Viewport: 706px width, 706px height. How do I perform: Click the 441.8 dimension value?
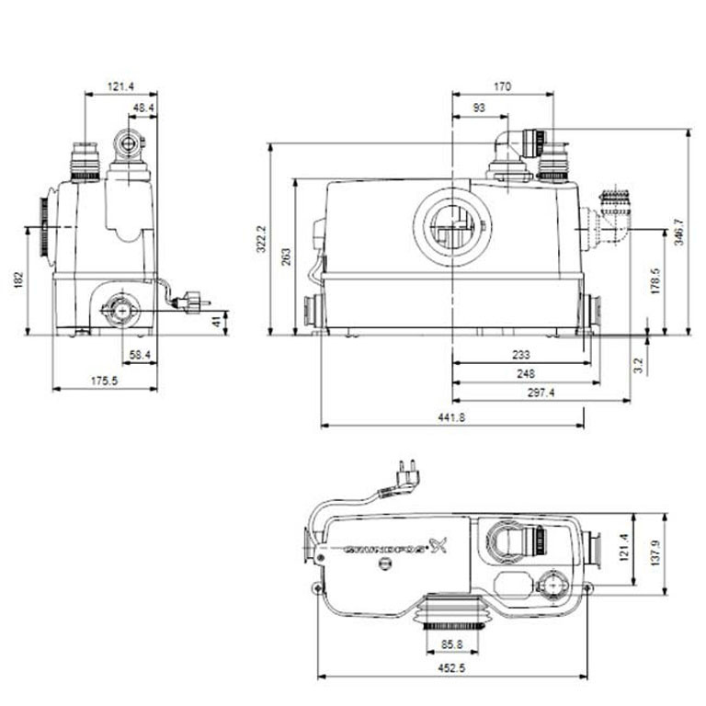tap(451, 417)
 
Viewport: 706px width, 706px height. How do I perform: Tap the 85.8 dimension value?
tap(451, 644)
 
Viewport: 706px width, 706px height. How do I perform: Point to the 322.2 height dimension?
tap(262, 239)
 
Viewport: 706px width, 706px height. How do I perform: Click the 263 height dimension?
tap(287, 256)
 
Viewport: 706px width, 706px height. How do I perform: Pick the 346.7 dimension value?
tap(679, 232)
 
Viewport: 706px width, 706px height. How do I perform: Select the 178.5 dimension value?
tap(655, 281)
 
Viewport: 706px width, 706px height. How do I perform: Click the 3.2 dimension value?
tap(638, 365)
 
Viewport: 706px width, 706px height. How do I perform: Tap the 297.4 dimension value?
tap(541, 393)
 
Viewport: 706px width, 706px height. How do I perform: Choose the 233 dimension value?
tap(521, 355)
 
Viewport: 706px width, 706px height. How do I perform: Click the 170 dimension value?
tap(503, 86)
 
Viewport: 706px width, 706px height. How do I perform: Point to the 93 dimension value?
tap(480, 108)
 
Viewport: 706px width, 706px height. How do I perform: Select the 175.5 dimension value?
tap(105, 381)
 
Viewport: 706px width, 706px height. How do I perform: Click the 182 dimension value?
tap(19, 280)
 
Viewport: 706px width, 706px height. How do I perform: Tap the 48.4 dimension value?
tap(143, 108)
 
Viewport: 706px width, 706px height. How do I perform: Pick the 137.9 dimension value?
tap(655, 552)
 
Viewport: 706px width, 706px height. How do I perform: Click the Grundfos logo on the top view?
tap(395, 548)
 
